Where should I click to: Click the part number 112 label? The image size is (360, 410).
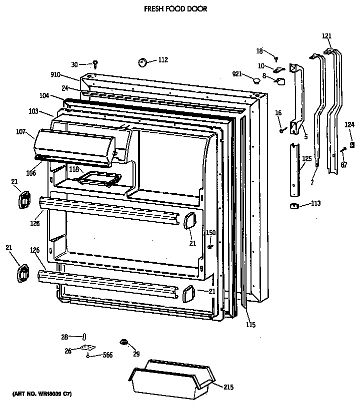click(x=163, y=60)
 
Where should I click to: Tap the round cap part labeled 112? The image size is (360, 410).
click(x=142, y=62)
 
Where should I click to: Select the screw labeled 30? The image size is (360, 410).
click(x=95, y=63)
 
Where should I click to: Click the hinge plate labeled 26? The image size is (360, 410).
click(x=88, y=349)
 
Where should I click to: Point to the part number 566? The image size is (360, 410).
click(x=107, y=355)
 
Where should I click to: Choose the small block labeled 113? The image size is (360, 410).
click(x=294, y=205)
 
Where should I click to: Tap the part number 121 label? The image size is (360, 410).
click(x=326, y=35)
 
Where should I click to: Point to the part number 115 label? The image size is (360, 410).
click(x=250, y=325)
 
